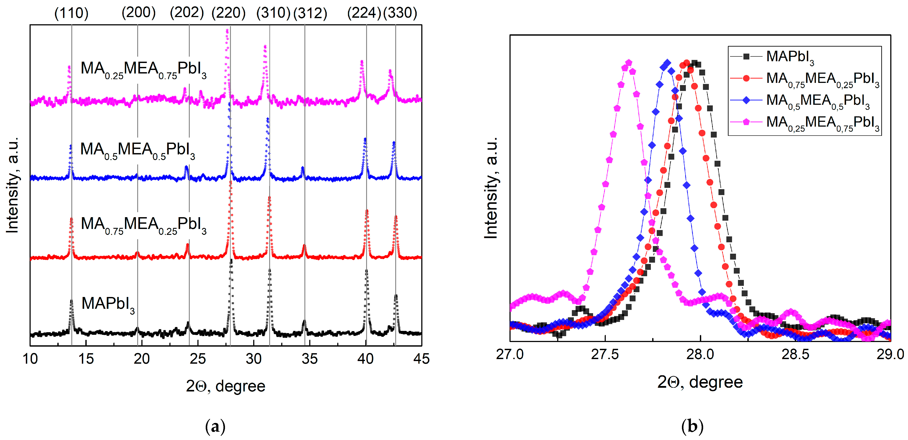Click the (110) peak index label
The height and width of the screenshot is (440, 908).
71,13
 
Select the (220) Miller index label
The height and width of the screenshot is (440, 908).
228,13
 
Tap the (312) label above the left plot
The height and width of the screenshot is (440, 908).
310,13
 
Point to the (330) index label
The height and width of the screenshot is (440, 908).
400,13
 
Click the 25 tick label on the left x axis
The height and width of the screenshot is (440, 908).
198,359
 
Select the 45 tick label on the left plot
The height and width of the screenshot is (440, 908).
422,359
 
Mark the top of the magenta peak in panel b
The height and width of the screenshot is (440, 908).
629,63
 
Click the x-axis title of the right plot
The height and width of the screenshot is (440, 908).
700,382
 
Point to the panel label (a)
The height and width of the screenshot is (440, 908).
215,427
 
